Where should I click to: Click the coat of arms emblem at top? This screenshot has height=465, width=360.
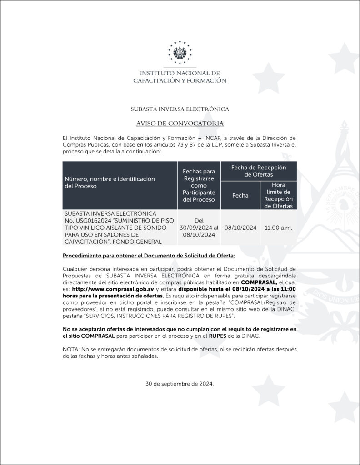pyautogui.click(x=180, y=53)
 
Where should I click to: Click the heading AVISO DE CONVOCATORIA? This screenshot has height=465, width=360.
pyautogui.click(x=180, y=124)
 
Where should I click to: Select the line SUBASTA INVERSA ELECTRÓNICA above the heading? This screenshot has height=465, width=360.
pyautogui.click(x=180, y=109)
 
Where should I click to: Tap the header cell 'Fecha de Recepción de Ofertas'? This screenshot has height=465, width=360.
pyautogui.click(x=259, y=171)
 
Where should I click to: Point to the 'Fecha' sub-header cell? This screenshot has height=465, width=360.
pyautogui.click(x=240, y=195)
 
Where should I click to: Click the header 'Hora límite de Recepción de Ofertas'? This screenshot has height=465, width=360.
pyautogui.click(x=278, y=195)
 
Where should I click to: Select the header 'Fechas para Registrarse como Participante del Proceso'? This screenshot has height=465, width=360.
pyautogui.click(x=199, y=185)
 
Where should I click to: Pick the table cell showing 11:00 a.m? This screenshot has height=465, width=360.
pyautogui.click(x=278, y=228)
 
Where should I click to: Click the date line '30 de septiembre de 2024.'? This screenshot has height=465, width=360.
pyautogui.click(x=180, y=383)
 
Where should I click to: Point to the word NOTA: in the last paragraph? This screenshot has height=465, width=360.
pyautogui.click(x=70, y=348)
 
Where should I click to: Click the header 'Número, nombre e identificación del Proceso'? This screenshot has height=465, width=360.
pyautogui.click(x=109, y=182)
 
